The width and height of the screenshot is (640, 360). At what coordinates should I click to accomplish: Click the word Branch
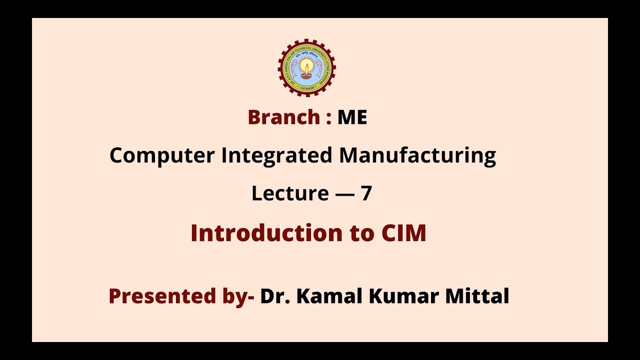283,117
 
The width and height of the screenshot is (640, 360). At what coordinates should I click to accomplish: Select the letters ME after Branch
352,117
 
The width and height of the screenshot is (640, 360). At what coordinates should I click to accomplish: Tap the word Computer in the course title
161,155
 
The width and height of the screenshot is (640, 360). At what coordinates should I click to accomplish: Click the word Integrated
277,155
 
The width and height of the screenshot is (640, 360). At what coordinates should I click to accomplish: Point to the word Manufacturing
417,155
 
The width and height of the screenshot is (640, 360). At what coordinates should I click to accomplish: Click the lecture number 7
366,193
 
